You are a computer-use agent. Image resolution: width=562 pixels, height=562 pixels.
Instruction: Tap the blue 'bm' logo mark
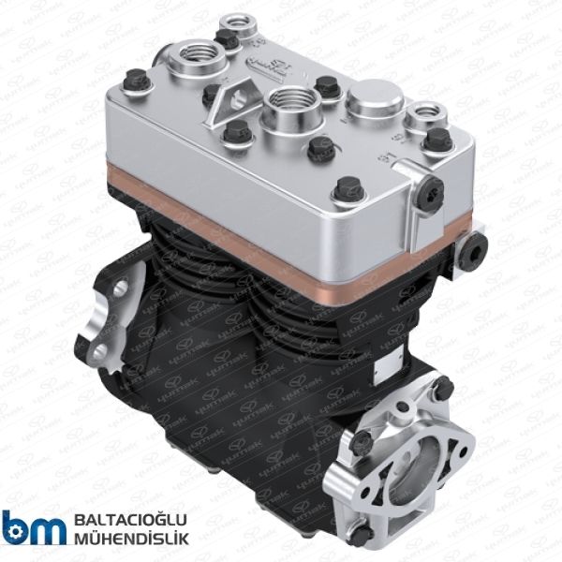point(35,528)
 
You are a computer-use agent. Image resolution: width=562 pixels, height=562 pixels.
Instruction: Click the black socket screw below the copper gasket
point(476,246)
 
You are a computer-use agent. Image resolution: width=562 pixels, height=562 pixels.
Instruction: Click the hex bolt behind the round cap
point(325,86)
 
